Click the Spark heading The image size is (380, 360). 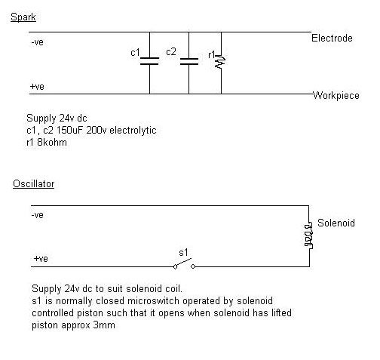(x=23, y=17)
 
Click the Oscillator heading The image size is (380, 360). (x=34, y=184)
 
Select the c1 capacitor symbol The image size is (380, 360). (x=149, y=61)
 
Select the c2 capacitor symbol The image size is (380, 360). (x=189, y=61)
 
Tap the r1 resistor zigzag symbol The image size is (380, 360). (x=220, y=62)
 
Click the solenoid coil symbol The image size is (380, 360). (x=308, y=235)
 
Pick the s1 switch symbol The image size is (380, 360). (x=184, y=264)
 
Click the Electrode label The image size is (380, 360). (x=332, y=38)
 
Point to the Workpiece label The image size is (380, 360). (x=336, y=96)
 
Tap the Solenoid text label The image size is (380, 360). (x=336, y=223)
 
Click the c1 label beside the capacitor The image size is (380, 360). (x=135, y=53)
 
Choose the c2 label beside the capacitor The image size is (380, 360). (x=171, y=52)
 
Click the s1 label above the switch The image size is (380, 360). (x=183, y=252)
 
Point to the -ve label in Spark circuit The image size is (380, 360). (x=38, y=42)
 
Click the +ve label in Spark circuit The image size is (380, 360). (x=37, y=87)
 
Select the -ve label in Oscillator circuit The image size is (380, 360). (x=38, y=215)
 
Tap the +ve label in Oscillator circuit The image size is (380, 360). (x=41, y=259)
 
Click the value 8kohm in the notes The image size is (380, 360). (x=52, y=143)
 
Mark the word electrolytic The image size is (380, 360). (x=133, y=131)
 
